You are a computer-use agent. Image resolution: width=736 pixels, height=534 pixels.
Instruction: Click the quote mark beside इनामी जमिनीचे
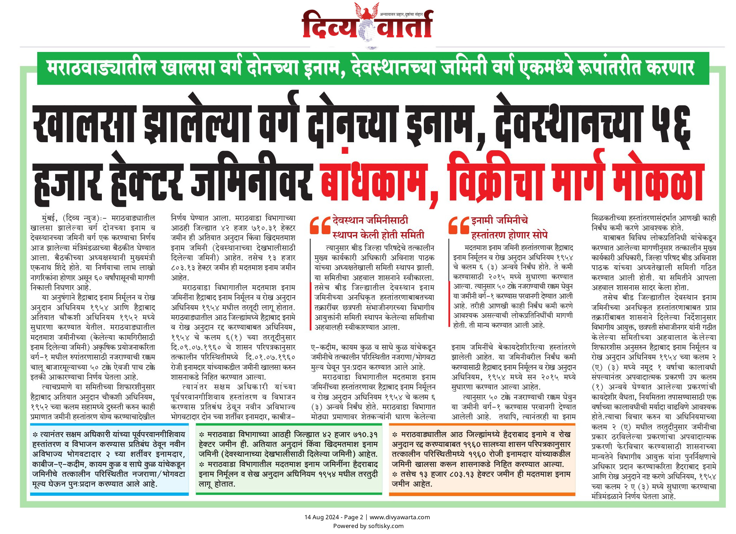pyautogui.click(x=459, y=225)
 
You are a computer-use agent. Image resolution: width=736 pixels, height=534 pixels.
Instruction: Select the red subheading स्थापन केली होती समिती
pyautogui.click(x=378, y=235)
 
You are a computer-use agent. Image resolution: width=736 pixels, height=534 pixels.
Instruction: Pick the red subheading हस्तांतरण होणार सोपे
pyautogui.click(x=509, y=235)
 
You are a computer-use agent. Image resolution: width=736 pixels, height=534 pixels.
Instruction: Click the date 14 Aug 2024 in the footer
pyautogui.click(x=322, y=517)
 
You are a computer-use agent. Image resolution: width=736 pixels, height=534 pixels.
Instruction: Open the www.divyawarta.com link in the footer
pyautogui.click(x=400, y=517)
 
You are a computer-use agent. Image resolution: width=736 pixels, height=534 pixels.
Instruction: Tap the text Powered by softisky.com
pyautogui.click(x=368, y=526)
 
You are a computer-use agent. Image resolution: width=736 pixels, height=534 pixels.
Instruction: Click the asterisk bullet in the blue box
pyautogui.click(x=35, y=435)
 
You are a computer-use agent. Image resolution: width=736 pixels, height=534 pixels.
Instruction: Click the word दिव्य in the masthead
pyautogui.click(x=328, y=25)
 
